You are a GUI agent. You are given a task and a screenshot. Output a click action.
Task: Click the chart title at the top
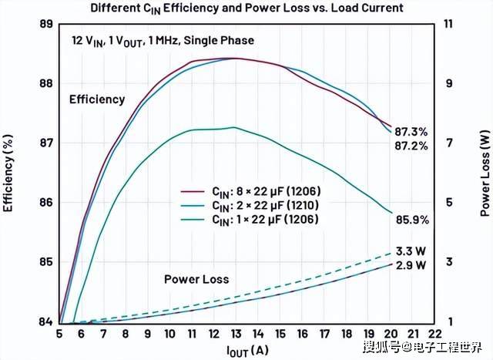[x=246, y=9]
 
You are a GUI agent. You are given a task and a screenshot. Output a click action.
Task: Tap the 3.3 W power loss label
[x=411, y=251]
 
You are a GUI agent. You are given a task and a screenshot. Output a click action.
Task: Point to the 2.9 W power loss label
[x=411, y=265]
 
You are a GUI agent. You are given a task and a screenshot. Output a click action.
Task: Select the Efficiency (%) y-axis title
[x=9, y=173]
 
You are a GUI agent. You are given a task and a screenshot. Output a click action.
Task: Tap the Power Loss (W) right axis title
[x=485, y=173]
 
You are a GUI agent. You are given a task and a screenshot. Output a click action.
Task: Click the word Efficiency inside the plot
[x=97, y=99]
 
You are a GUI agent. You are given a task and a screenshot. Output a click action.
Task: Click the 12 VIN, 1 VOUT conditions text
[x=159, y=40]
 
